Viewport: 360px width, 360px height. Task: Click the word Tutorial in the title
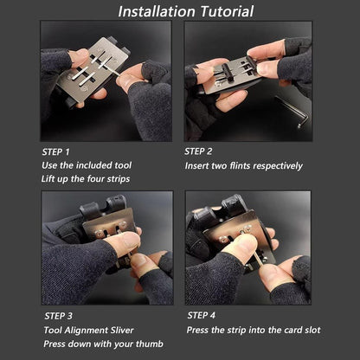pyautogui.click(x=227, y=11)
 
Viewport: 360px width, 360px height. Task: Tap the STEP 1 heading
pyautogui.click(x=55, y=151)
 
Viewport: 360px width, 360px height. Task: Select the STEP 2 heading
pyautogui.click(x=198, y=151)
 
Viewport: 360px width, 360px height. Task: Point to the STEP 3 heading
pyautogui.click(x=59, y=316)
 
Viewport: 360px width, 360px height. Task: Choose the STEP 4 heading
pyautogui.click(x=202, y=315)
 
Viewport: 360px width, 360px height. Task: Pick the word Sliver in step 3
pyautogui.click(x=123, y=330)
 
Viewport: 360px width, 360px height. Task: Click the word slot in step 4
pyautogui.click(x=312, y=330)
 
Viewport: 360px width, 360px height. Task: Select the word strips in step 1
pyautogui.click(x=119, y=179)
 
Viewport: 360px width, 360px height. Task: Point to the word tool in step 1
pyautogui.click(x=123, y=165)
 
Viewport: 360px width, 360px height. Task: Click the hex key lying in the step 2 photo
pyautogui.click(x=292, y=111)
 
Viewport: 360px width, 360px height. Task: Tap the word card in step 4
pyautogui.click(x=292, y=330)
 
